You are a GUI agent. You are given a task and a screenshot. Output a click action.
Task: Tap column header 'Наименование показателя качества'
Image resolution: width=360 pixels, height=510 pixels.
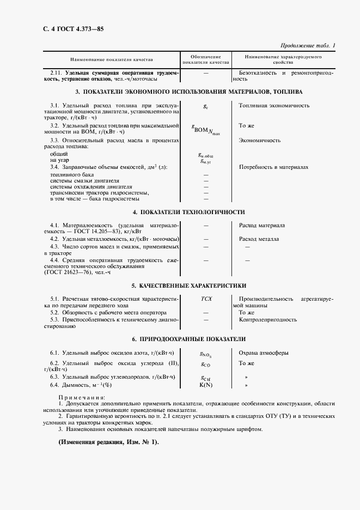[112, 59]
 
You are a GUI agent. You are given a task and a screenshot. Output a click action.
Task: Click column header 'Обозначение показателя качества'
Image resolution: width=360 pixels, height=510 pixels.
[206, 59]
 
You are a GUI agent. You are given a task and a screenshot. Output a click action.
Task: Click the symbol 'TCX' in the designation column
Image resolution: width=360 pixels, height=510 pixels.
[206, 299]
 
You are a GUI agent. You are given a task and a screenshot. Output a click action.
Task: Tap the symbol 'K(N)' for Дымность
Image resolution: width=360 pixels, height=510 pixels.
[206, 385]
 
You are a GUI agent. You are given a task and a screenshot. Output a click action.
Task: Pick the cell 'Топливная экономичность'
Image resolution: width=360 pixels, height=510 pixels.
[274, 105]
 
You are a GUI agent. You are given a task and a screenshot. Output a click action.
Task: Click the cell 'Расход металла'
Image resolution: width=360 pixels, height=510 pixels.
[259, 239]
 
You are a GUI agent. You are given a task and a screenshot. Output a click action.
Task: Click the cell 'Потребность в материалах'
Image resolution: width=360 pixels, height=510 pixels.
[273, 167]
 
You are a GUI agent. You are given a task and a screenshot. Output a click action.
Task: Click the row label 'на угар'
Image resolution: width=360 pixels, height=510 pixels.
[59, 161]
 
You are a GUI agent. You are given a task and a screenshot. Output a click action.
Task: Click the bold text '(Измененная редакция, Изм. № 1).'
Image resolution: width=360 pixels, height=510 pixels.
[108, 442]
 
